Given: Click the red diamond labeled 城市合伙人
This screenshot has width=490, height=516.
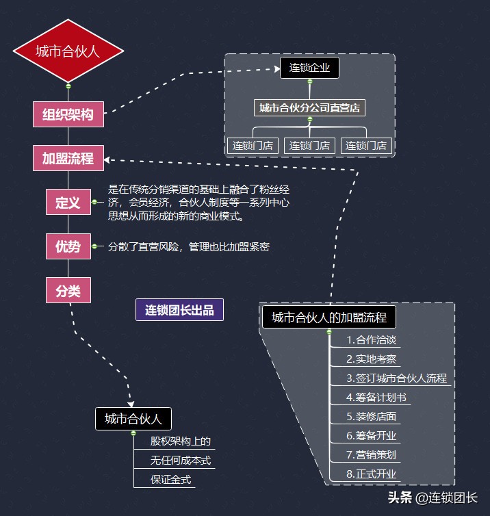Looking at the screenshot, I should pos(68,51).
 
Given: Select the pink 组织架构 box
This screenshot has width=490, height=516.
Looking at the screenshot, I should pos(68,114).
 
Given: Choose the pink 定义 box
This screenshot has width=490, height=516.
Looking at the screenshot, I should pos(68,203).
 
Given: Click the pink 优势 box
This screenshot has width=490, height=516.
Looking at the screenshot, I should pos(68,246).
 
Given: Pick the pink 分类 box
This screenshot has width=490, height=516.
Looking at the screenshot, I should pos(68,290).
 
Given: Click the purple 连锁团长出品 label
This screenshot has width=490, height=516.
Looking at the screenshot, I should pos(179,310).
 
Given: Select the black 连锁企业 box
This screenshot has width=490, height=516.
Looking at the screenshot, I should pos(309,67).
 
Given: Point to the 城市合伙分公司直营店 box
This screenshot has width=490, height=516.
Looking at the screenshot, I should pos(309,108).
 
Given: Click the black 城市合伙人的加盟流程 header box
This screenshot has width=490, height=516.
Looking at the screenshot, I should pos(329,318).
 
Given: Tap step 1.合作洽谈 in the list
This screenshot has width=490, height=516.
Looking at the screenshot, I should pos(372,340).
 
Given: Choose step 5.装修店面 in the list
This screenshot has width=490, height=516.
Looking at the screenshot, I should pos(372,416).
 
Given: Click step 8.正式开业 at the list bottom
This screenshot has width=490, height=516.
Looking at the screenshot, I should pos(372,474).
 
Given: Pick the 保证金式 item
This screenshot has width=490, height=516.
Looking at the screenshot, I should pos(171,479).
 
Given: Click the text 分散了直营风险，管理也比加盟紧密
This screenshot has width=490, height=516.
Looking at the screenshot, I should pos(188,246).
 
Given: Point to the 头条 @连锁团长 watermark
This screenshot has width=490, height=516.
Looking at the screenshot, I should pos(433,498).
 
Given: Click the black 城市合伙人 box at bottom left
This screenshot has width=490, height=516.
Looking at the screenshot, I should pos(133,419).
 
